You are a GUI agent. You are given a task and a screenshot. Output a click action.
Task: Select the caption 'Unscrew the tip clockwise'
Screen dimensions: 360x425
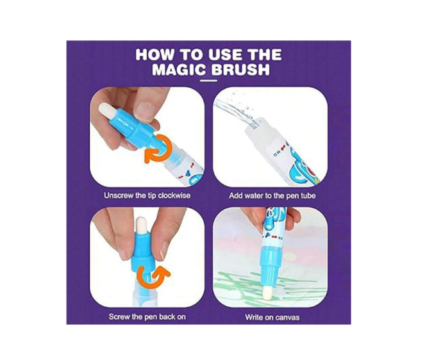pos(147,195)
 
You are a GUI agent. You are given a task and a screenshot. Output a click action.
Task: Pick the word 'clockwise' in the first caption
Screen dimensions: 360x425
pos(172,195)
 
